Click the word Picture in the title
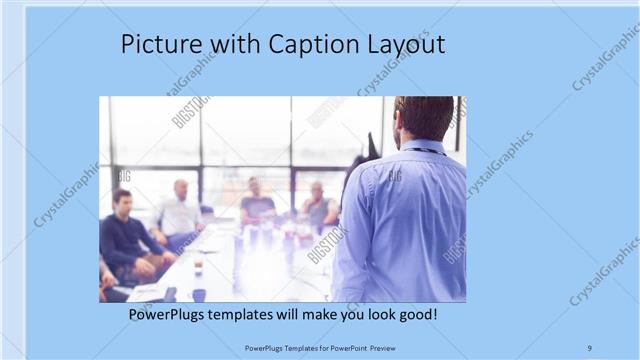coord(157,45)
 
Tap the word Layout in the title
coord(408,45)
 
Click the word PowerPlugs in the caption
coord(171,315)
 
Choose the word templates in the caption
coord(255,315)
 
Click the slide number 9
coord(589,347)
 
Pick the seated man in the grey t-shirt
coord(256,204)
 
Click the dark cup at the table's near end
coord(199,295)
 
